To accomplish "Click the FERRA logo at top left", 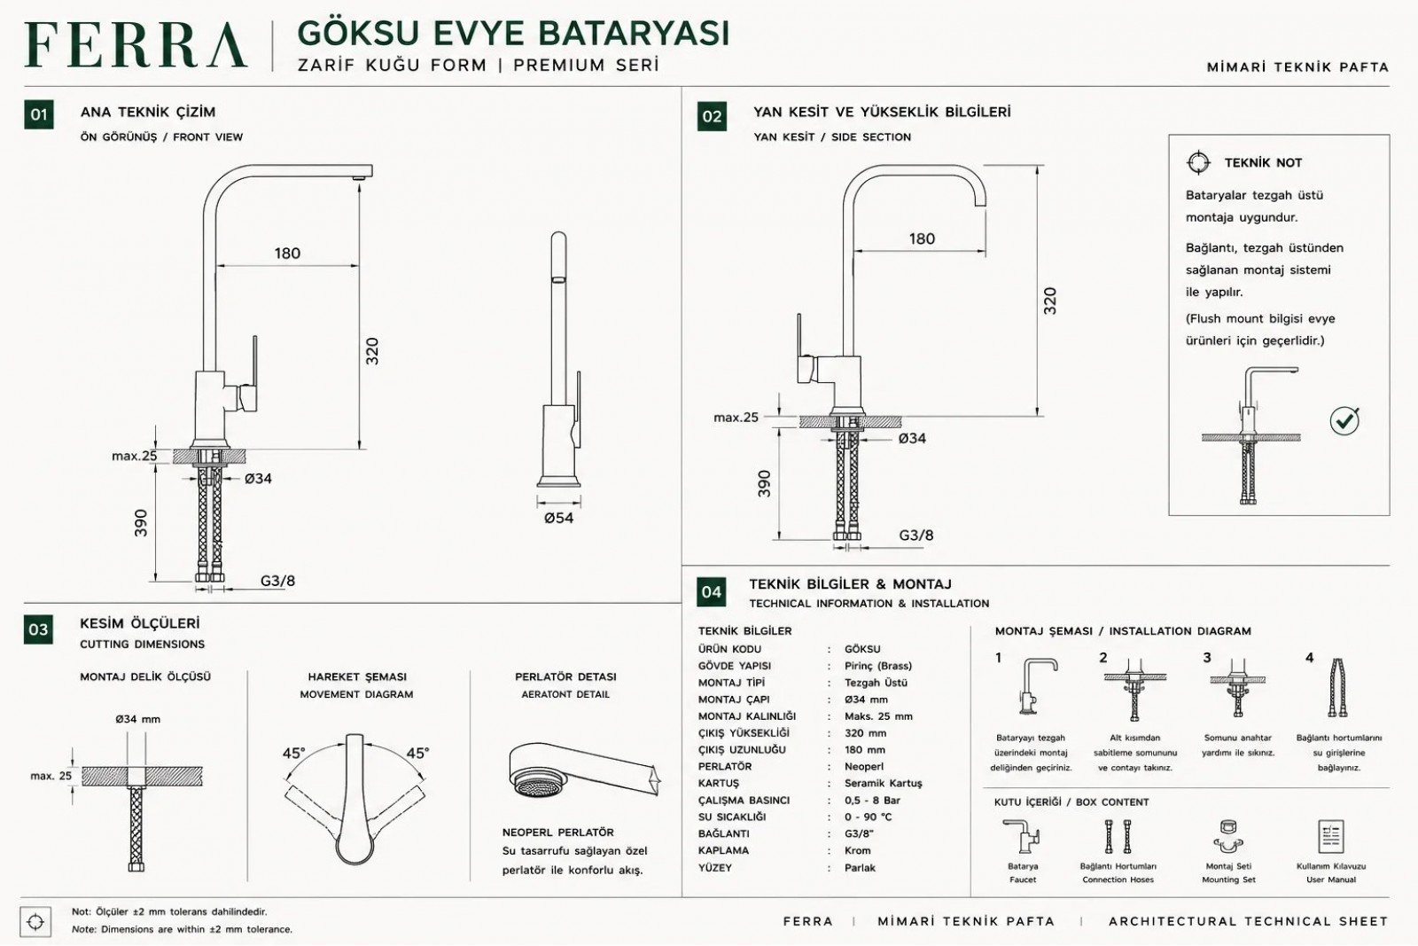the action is click(136, 45).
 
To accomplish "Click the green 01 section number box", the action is click(39, 114).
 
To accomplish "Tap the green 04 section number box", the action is click(711, 592).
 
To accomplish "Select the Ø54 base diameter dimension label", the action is click(558, 518).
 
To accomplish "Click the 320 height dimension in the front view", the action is click(372, 351).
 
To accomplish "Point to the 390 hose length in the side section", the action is click(765, 483).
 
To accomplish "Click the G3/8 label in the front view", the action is click(277, 581).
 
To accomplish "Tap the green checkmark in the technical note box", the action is click(1344, 420).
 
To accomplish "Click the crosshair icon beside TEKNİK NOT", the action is click(1198, 163).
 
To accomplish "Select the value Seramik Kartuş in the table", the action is click(883, 783).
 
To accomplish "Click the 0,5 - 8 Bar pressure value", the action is click(872, 801).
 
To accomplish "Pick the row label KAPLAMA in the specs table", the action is click(723, 850).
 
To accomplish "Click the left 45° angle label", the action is click(293, 754).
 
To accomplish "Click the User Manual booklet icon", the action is click(1330, 836).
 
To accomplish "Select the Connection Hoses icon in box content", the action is click(1118, 836).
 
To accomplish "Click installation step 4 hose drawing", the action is click(1337, 688).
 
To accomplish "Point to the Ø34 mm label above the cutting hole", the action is click(138, 719).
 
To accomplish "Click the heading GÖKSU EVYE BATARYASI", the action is click(513, 34).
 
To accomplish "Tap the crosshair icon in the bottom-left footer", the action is click(35, 922).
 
